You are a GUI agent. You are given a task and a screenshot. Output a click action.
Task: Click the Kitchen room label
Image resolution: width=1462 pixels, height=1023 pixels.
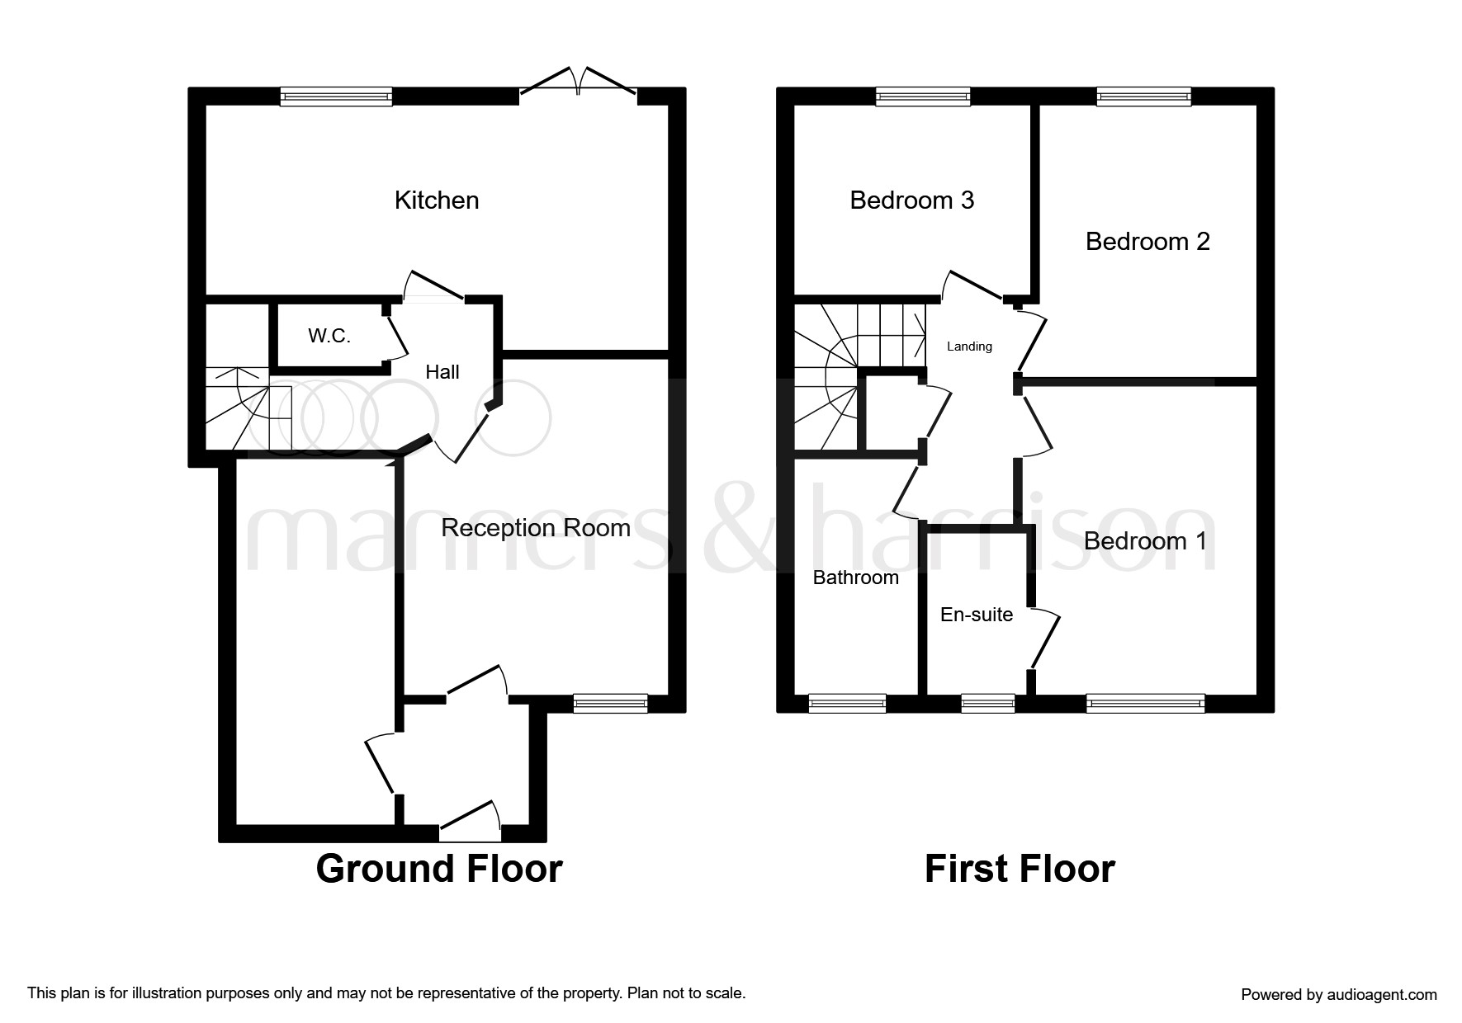(x=437, y=200)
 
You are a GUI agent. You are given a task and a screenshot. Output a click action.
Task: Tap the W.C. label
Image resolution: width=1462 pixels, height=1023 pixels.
(x=329, y=336)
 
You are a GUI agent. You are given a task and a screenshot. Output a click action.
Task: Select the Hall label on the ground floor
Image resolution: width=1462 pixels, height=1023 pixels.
(x=442, y=372)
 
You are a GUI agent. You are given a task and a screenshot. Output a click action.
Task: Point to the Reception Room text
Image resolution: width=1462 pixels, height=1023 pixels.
(x=535, y=528)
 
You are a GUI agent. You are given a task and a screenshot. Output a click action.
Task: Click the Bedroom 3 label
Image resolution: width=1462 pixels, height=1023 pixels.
(x=911, y=200)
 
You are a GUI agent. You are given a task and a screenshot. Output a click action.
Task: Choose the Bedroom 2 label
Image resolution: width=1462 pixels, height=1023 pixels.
(x=1147, y=242)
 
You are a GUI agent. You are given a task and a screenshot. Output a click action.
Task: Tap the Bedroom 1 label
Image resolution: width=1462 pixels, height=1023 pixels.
(x=1144, y=541)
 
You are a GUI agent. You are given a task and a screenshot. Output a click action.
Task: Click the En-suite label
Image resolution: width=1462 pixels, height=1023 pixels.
(x=977, y=615)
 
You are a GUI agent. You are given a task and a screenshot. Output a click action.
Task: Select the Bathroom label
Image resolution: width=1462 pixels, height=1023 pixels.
(x=855, y=577)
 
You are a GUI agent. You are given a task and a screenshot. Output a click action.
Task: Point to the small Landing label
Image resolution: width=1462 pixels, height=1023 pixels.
(x=969, y=346)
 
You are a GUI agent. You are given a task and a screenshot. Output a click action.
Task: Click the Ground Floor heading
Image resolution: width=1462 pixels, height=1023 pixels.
(x=439, y=869)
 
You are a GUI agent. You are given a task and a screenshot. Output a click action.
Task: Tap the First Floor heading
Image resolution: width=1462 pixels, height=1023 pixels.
(x=1020, y=869)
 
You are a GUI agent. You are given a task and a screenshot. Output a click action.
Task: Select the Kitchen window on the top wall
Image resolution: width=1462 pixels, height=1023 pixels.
(x=336, y=97)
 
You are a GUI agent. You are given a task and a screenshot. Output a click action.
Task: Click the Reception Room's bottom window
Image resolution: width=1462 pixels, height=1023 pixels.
(x=610, y=703)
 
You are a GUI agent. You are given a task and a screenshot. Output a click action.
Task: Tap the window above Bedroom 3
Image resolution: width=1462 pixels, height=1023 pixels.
(x=923, y=97)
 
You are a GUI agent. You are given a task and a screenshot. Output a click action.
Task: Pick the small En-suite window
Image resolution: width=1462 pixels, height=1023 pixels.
(x=987, y=703)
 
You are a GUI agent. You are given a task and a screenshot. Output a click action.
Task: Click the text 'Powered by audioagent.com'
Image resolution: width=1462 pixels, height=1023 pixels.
(x=1338, y=995)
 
